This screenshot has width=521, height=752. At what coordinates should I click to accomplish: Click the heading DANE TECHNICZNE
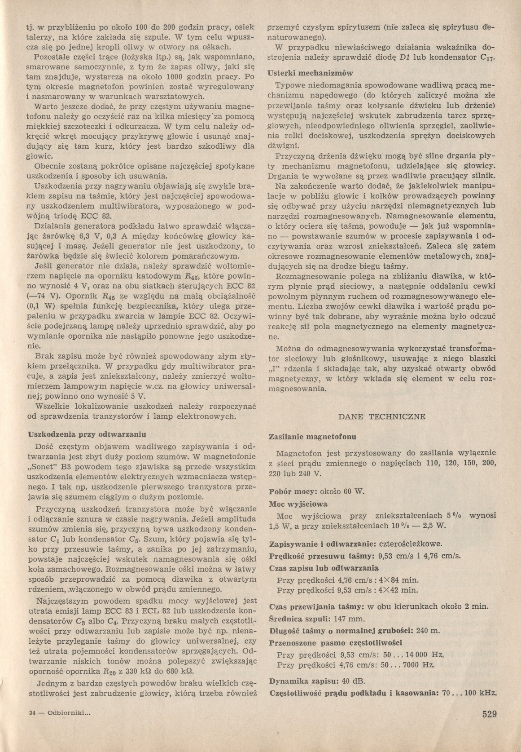click(381, 416)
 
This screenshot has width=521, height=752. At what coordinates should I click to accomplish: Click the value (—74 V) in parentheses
click(40, 296)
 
